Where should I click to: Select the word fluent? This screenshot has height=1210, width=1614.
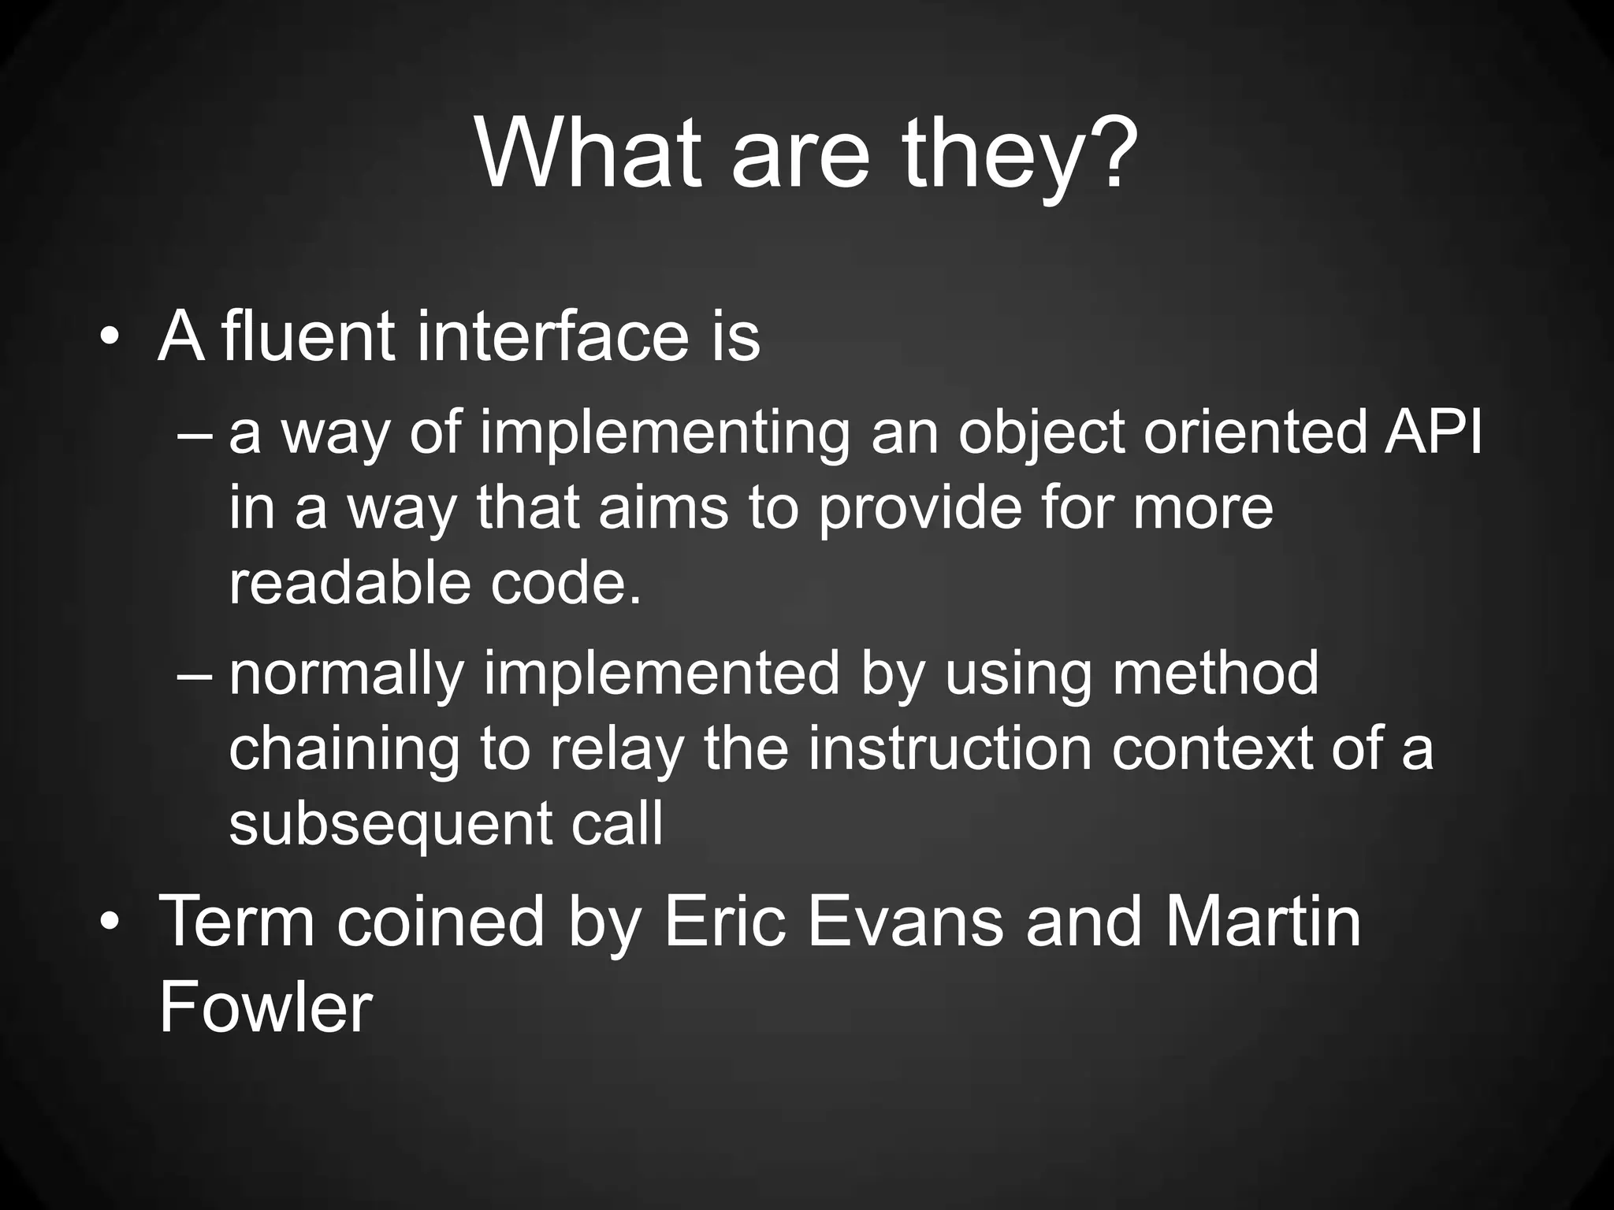(308, 337)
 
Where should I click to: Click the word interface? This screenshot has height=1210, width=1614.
(552, 337)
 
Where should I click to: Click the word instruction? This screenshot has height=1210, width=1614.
(950, 748)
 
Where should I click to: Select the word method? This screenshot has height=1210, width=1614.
(1214, 674)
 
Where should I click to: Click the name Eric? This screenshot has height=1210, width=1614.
(725, 922)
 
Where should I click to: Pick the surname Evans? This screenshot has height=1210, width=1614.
(906, 922)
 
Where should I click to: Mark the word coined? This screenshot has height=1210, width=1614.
(441, 922)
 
